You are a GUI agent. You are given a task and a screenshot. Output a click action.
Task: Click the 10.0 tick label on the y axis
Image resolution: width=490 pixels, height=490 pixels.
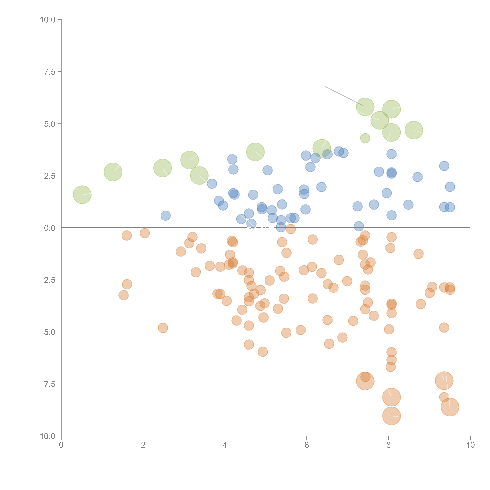48,20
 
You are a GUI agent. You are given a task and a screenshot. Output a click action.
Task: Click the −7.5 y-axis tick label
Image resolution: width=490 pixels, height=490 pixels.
48,384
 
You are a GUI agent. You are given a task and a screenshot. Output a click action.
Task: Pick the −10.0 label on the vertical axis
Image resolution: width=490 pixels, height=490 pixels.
46,436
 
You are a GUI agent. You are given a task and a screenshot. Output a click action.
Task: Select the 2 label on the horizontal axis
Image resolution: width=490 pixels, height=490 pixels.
143,445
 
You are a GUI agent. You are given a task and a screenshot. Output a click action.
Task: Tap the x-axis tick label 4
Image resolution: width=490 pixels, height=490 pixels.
225,445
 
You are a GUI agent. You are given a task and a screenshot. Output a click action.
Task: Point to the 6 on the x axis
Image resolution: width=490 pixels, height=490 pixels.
307,445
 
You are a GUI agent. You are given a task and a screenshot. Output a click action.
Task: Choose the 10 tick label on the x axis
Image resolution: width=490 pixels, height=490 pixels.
470,445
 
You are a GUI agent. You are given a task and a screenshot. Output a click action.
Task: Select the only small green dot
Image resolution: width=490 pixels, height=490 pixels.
365,138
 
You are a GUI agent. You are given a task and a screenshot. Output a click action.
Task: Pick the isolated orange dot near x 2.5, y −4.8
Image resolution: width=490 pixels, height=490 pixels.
163,328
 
